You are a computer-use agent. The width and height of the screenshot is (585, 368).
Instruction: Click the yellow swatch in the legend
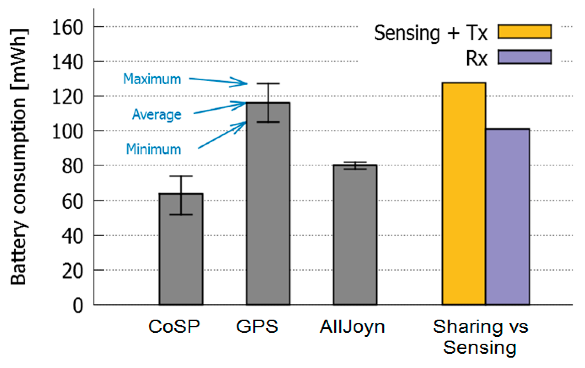point(525,32)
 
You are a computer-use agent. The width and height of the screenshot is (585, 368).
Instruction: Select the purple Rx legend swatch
point(525,57)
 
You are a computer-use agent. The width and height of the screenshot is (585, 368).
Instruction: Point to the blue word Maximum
point(152,79)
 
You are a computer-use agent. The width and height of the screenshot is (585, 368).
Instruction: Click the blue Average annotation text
point(157,115)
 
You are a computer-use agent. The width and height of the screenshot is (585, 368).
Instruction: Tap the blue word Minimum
point(153,149)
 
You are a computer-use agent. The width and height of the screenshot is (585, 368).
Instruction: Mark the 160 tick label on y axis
point(67,28)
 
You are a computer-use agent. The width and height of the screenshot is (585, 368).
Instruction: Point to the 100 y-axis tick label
point(67,132)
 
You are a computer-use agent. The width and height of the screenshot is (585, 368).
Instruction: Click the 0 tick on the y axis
point(78,306)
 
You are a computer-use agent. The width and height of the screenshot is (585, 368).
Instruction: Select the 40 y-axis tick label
point(72,237)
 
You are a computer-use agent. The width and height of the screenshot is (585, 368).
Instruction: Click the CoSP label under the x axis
point(174,326)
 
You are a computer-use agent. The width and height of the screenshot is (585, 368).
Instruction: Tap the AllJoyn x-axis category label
point(352,327)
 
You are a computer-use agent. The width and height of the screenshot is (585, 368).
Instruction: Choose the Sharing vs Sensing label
point(480,337)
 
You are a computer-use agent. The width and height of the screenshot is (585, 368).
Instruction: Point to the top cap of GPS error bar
point(268,84)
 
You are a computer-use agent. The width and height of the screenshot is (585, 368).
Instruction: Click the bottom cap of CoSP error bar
point(181,214)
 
